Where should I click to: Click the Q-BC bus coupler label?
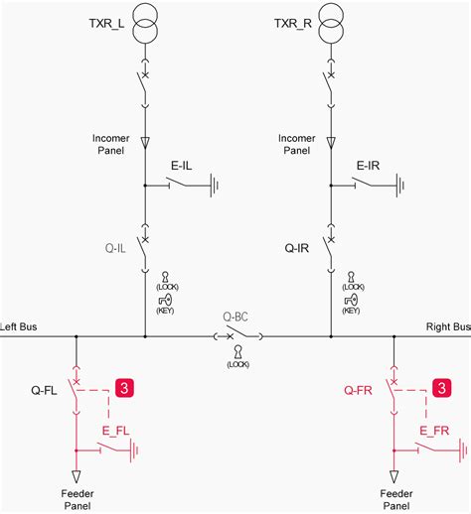(x=237, y=319)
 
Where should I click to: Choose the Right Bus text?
(x=447, y=326)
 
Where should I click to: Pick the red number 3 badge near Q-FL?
(x=125, y=388)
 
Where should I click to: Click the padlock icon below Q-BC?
(x=237, y=352)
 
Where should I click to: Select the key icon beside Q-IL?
(x=165, y=299)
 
